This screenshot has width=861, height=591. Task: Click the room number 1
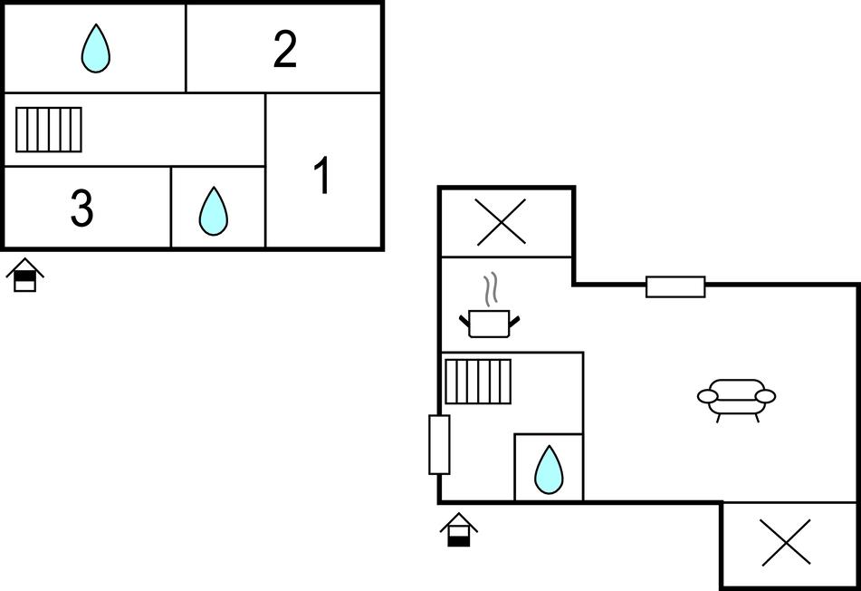pyautogui.click(x=321, y=176)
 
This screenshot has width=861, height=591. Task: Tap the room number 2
pyautogui.click(x=285, y=50)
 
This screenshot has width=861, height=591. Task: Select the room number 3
pyautogui.click(x=81, y=209)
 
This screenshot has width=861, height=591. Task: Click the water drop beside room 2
pyautogui.click(x=95, y=49)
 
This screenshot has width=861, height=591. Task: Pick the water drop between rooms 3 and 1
pyautogui.click(x=214, y=211)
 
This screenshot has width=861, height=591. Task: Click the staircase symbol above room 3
pyautogui.click(x=49, y=130)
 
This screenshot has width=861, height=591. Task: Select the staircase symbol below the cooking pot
pyautogui.click(x=478, y=381)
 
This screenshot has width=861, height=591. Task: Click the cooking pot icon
pyautogui.click(x=490, y=323)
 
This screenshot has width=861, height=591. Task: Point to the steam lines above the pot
pyautogui.click(x=491, y=289)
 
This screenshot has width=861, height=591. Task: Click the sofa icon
pyautogui.click(x=736, y=398)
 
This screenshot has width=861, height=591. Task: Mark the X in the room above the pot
pyautogui.click(x=502, y=222)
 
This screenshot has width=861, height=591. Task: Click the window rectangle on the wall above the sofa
pyautogui.click(x=675, y=286)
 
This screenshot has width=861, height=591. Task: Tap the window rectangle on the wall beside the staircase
pyautogui.click(x=439, y=444)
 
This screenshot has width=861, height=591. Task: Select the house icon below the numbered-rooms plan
pyautogui.click(x=25, y=276)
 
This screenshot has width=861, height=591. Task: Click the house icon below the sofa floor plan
pyautogui.click(x=459, y=530)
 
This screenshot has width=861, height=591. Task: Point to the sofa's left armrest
pyautogui.click(x=708, y=396)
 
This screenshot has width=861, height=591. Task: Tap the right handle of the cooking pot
pyautogui.click(x=516, y=318)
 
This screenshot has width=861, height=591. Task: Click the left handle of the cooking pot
pyautogui.click(x=464, y=318)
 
